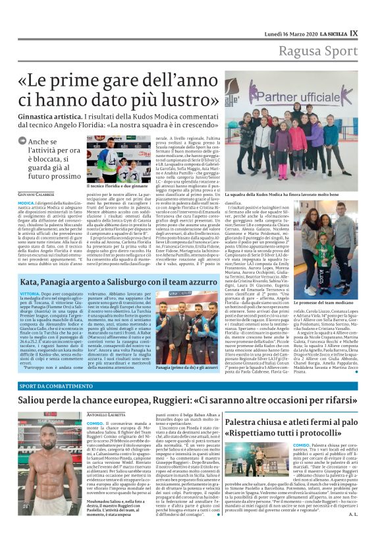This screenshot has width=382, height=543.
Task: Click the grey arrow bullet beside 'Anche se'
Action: (24, 141)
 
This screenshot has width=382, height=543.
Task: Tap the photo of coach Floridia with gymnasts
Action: (119, 159)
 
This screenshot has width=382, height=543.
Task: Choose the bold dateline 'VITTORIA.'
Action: (30, 293)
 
